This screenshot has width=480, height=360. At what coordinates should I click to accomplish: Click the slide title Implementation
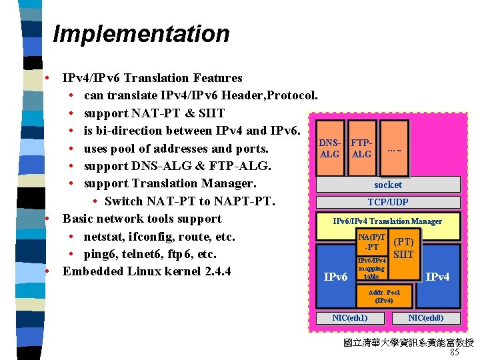141,33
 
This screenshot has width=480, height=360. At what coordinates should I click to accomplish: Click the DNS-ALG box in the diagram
330,148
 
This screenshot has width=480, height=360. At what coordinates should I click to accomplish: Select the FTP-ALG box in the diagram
361,148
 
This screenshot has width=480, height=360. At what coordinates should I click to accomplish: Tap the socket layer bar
387,185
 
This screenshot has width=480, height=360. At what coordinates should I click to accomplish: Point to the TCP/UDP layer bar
387,202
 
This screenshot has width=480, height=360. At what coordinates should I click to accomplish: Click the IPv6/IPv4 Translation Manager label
387,221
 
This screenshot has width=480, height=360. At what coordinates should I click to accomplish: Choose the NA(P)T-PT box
371,242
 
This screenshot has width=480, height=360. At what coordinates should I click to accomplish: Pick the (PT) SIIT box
404,248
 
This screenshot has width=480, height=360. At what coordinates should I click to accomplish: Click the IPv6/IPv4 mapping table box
371,268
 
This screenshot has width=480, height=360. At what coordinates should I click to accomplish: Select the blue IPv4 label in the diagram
437,276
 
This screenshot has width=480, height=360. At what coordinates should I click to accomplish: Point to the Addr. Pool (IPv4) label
383,296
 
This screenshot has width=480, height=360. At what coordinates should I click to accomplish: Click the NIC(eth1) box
350,318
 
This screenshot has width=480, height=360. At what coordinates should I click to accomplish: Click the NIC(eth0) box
425,318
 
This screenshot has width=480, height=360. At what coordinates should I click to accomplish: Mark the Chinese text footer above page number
408,343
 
